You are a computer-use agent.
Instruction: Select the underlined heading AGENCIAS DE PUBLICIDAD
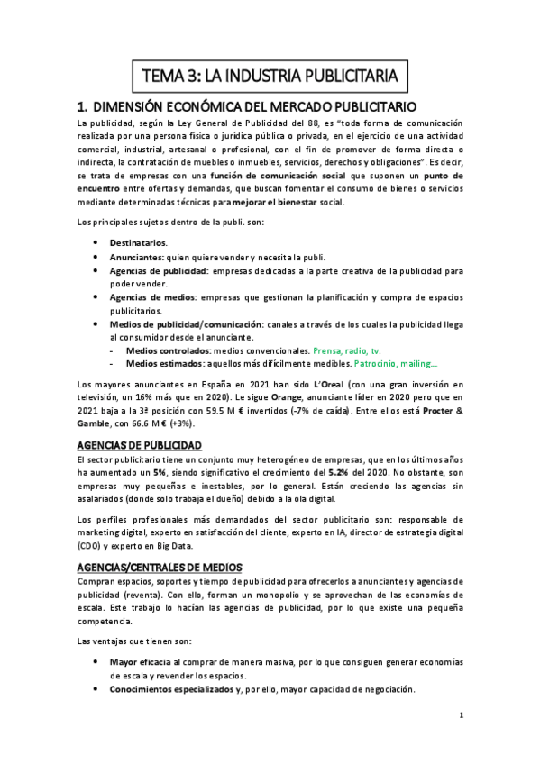coord(139,446)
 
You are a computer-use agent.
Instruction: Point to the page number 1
coord(460,716)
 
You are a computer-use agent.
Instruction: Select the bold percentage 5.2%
coord(335,473)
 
